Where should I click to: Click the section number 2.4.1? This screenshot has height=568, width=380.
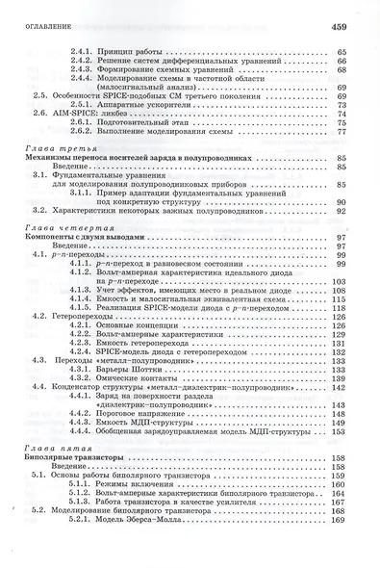tap(84, 49)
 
